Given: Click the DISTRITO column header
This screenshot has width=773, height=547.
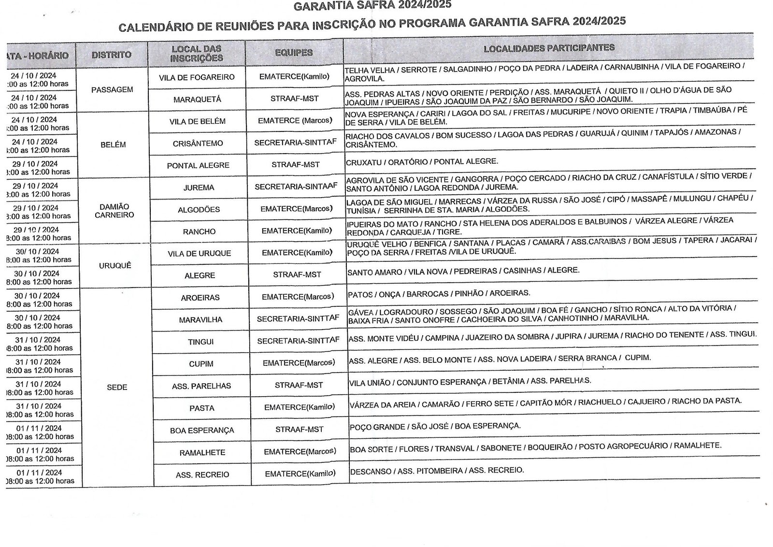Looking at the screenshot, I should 112,55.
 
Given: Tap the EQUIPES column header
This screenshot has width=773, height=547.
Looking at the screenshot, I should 294,53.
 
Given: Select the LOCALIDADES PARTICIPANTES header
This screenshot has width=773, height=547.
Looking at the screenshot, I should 549,48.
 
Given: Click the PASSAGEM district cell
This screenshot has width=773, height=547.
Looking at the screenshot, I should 112,89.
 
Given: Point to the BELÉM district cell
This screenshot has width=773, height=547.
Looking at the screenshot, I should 113,144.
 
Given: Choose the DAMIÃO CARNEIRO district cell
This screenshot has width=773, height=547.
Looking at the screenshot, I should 115,211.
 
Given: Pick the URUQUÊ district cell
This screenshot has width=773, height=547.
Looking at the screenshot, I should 115,266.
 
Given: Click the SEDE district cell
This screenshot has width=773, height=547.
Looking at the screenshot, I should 116,387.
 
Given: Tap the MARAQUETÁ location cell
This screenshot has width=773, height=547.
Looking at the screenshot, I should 197,99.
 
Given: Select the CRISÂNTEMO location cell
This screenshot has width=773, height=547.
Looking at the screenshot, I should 198,143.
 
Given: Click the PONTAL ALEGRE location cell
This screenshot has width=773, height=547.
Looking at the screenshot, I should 198,165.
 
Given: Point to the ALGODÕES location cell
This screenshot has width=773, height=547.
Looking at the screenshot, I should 199,209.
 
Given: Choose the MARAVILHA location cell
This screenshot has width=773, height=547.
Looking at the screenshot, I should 200,319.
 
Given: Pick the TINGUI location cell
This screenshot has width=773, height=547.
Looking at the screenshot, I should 201,342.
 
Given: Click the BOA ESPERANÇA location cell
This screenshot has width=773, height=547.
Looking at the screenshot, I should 202,430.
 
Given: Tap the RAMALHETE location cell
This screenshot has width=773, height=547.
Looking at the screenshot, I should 202,452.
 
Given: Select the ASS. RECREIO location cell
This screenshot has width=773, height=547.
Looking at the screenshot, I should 202,475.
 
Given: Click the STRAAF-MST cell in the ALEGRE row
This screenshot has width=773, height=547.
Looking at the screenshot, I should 297,274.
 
